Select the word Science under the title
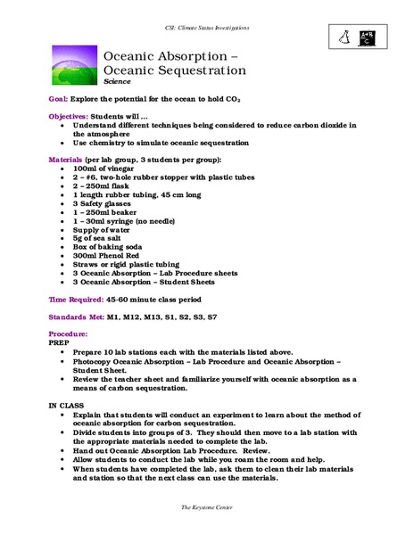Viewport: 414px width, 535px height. (x=116, y=81)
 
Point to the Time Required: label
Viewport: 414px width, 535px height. (x=79, y=300)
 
